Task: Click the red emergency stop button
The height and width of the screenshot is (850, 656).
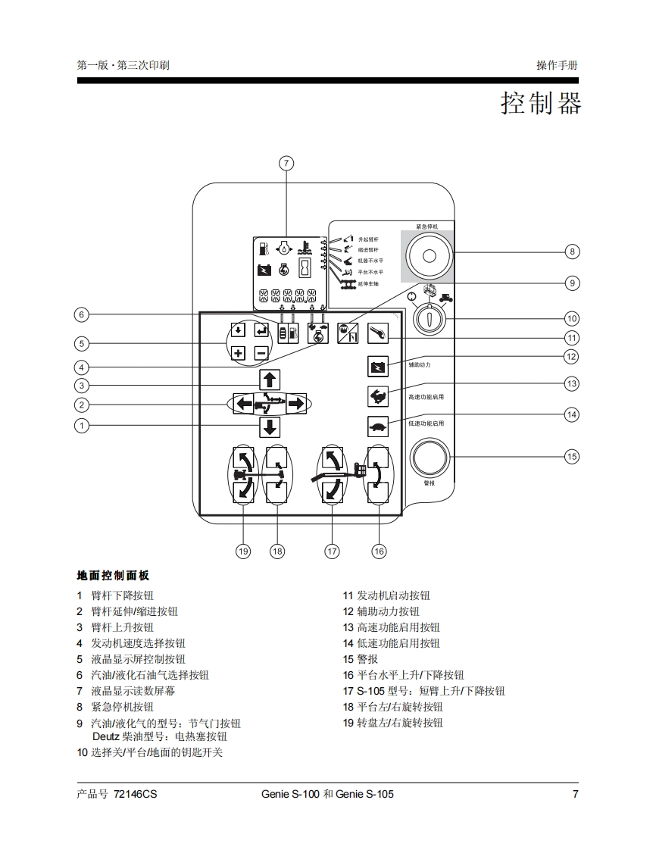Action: [429, 255]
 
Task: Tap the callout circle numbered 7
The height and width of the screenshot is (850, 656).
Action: [286, 163]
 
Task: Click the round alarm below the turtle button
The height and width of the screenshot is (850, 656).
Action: [430, 457]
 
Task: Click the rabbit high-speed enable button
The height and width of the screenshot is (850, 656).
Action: [377, 395]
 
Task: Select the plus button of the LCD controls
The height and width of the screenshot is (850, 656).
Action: [238, 352]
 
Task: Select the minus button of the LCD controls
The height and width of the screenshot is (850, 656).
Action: [261, 352]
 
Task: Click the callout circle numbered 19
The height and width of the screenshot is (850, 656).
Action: [242, 552]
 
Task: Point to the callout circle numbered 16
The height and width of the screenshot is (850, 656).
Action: [379, 552]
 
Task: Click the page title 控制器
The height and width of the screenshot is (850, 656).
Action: [540, 103]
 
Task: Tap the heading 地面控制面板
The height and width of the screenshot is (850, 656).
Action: [113, 576]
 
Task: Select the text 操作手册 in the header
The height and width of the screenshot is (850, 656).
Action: [557, 65]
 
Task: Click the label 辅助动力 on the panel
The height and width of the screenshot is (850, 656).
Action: [419, 365]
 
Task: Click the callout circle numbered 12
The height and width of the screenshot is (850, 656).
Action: [572, 356]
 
